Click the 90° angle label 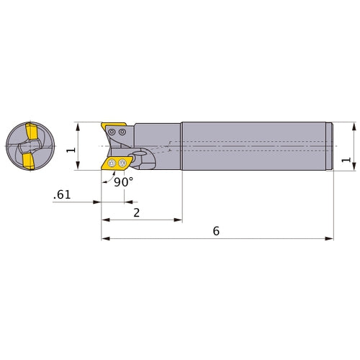coord(124,182)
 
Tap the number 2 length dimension coord(136,212)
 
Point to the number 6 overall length coord(216,231)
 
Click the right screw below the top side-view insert coord(123,132)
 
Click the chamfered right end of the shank coord(332,146)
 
